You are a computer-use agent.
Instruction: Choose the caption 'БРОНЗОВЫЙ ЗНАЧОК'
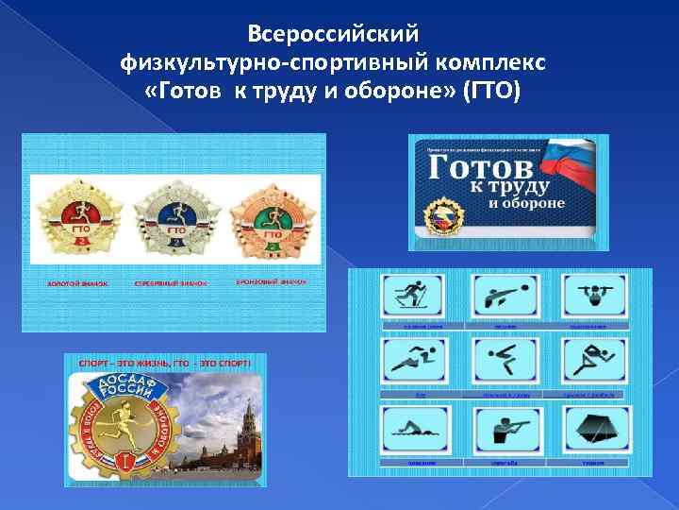pos(271,281)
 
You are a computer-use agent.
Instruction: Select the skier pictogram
pos(413,296)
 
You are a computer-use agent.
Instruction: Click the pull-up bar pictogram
pos(592,296)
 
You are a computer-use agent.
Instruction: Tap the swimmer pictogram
pos(413,430)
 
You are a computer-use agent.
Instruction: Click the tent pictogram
pos(592,430)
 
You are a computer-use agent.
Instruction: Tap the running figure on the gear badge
pos(121,427)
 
